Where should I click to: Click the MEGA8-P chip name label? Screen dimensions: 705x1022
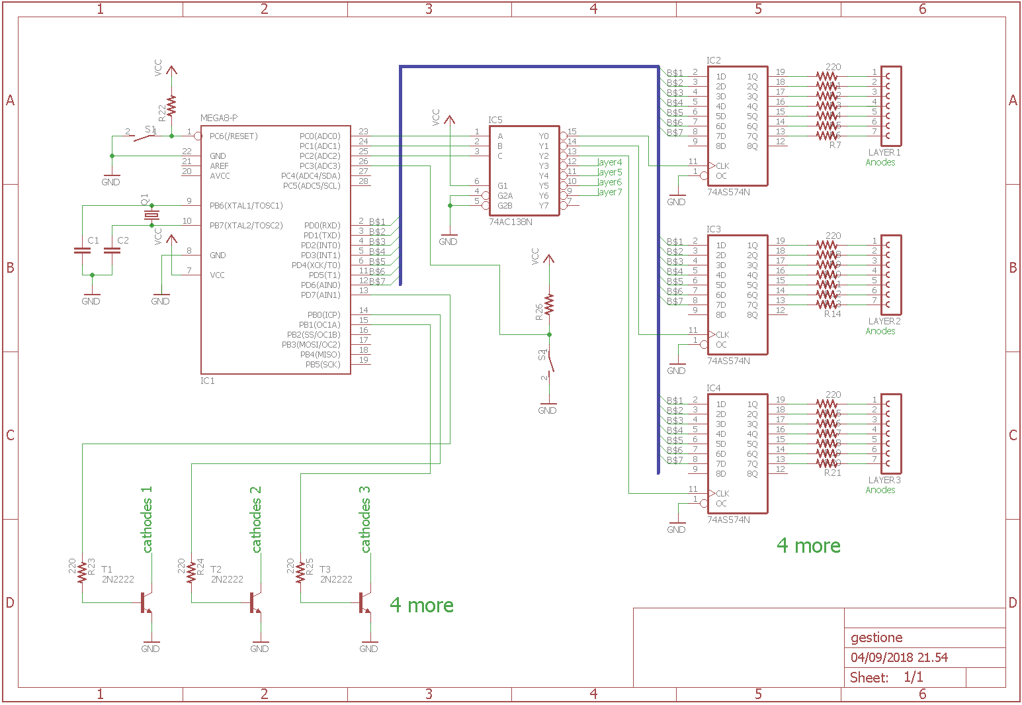coord(219,118)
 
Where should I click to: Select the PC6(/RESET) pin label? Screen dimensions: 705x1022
coord(234,136)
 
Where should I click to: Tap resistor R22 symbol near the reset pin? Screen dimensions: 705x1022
coord(171,106)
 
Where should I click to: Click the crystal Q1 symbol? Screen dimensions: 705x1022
coord(152,215)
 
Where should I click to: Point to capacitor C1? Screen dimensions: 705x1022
coord(82,251)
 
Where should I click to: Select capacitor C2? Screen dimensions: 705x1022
coord(112,251)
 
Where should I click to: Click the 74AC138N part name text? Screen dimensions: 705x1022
coord(510,222)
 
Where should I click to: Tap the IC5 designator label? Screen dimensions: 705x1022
coord(495,120)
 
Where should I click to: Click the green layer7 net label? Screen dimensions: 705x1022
coord(609,192)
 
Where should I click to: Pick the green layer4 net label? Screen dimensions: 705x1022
coord(609,162)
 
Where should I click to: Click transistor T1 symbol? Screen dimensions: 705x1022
coord(146,602)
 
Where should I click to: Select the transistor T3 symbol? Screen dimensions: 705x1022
coord(364,602)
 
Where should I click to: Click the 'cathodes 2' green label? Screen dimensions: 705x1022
coord(256,520)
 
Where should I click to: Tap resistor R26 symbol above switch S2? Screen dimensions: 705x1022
coord(549,305)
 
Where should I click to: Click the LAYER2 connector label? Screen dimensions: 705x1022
coord(884,321)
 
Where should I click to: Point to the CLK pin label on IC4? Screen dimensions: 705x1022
coord(722,493)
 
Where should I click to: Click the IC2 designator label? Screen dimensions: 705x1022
coord(714,60)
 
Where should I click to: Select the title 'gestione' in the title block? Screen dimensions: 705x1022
coord(876,637)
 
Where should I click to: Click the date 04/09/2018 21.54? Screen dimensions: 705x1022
coord(899,657)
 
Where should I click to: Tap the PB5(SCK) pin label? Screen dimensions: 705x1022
coord(323,365)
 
